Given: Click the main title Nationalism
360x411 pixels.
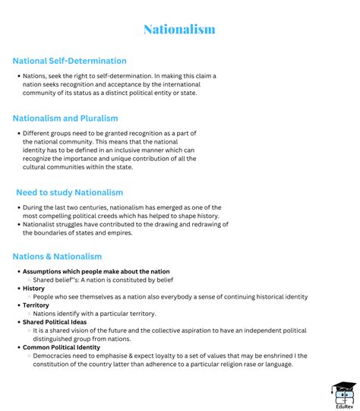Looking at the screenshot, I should pos(179,30).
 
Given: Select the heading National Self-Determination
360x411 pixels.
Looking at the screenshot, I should pos(70,61).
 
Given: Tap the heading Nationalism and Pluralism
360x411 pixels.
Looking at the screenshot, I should pos(65,118).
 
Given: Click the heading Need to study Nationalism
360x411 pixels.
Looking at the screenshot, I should pos(69,192).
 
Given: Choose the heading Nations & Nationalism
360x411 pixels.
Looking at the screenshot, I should pos(57,257).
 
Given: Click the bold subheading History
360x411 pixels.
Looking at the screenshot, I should pos(33,289).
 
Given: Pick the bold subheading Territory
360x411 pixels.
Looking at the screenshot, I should pos(36,305).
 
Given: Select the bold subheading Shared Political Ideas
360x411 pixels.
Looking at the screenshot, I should pos(55,322).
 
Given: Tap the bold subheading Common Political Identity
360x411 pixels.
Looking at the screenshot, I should pos(62,347).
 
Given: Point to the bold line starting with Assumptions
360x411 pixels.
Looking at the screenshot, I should pos(96,271).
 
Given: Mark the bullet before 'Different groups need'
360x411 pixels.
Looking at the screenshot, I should pos(17,133).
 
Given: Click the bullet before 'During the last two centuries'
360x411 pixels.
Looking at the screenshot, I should pos(17,207).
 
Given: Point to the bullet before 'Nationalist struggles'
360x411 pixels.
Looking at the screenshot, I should pos(17,224).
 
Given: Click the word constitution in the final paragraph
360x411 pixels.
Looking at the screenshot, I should pos(53,364).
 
